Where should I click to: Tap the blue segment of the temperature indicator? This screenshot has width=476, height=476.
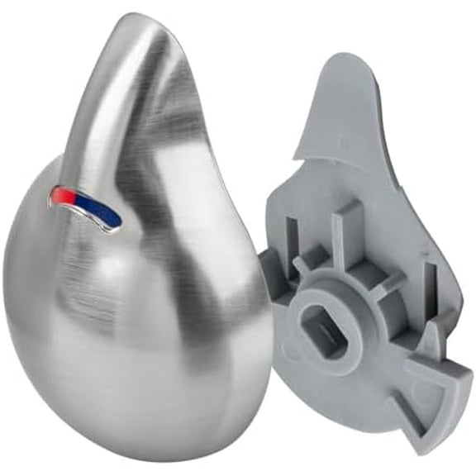point(106,214)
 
